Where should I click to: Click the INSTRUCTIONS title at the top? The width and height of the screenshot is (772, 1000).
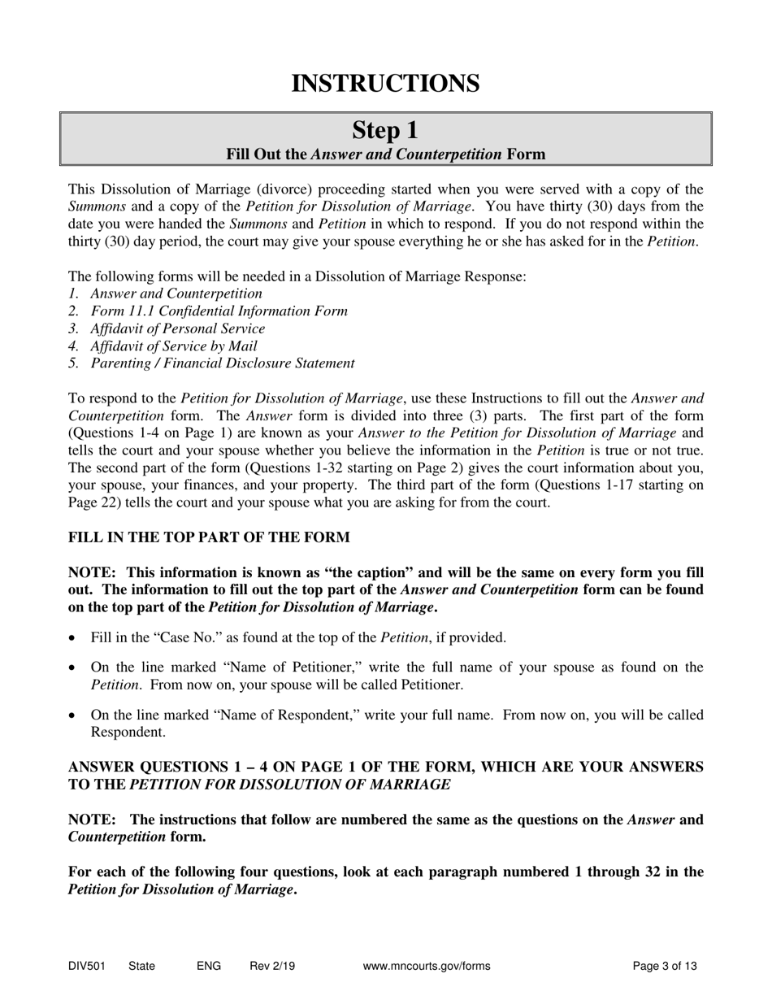[385, 83]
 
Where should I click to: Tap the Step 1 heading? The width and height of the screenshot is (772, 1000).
[385, 130]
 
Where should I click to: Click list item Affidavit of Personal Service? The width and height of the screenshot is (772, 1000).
[177, 328]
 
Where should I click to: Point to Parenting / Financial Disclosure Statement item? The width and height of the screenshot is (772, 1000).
[222, 363]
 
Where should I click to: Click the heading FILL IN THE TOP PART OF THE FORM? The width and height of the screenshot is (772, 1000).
[209, 537]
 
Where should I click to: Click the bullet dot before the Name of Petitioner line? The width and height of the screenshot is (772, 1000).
[74, 668]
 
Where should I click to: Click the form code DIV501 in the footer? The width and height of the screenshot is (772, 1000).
[86, 967]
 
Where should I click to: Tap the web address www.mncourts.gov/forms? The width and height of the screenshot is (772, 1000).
[426, 967]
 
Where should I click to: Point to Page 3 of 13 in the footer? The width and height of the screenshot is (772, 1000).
[665, 967]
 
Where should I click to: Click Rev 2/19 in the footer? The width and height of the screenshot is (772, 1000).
[272, 967]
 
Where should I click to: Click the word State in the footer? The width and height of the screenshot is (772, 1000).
[141, 967]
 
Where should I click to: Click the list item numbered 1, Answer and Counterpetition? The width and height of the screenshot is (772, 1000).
[176, 293]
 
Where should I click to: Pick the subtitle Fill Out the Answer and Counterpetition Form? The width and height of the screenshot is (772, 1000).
[385, 154]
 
